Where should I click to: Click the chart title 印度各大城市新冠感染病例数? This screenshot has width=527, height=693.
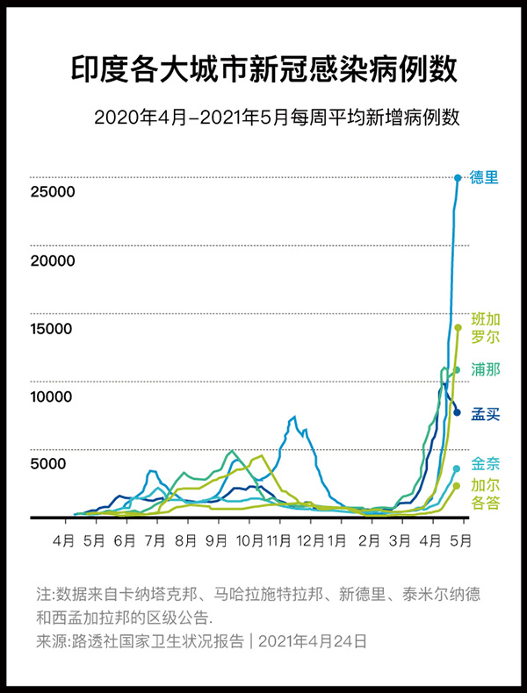tap(263, 69)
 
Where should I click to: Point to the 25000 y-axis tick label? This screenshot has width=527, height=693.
tap(52, 192)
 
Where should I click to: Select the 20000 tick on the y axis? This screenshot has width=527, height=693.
tap(52, 261)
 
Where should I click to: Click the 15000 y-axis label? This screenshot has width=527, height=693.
tap(52, 329)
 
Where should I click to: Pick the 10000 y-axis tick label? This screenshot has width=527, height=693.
tap(52, 397)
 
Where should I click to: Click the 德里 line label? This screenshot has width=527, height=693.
tap(485, 177)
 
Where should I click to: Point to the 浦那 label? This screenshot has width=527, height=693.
tap(485, 368)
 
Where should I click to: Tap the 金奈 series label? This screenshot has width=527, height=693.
tap(485, 464)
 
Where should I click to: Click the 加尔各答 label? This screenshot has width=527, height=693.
tap(485, 495)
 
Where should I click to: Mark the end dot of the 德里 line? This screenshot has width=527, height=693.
tap(458, 178)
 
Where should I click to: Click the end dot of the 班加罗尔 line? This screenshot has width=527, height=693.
tap(458, 328)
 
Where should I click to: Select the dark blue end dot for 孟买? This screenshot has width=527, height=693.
tap(457, 411)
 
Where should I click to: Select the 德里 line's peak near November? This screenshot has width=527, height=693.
tap(293, 418)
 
